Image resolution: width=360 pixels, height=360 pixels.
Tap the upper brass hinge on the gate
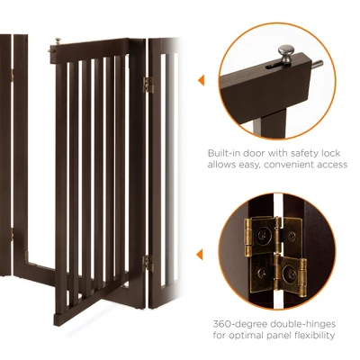(x=148, y=85)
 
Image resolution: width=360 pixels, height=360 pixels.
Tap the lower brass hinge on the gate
(x=148, y=262)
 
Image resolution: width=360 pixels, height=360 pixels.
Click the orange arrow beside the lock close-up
(x=201, y=80)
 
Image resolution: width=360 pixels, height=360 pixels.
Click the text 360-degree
(x=237, y=321)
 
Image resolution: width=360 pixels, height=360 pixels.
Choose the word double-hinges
(x=302, y=321)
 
